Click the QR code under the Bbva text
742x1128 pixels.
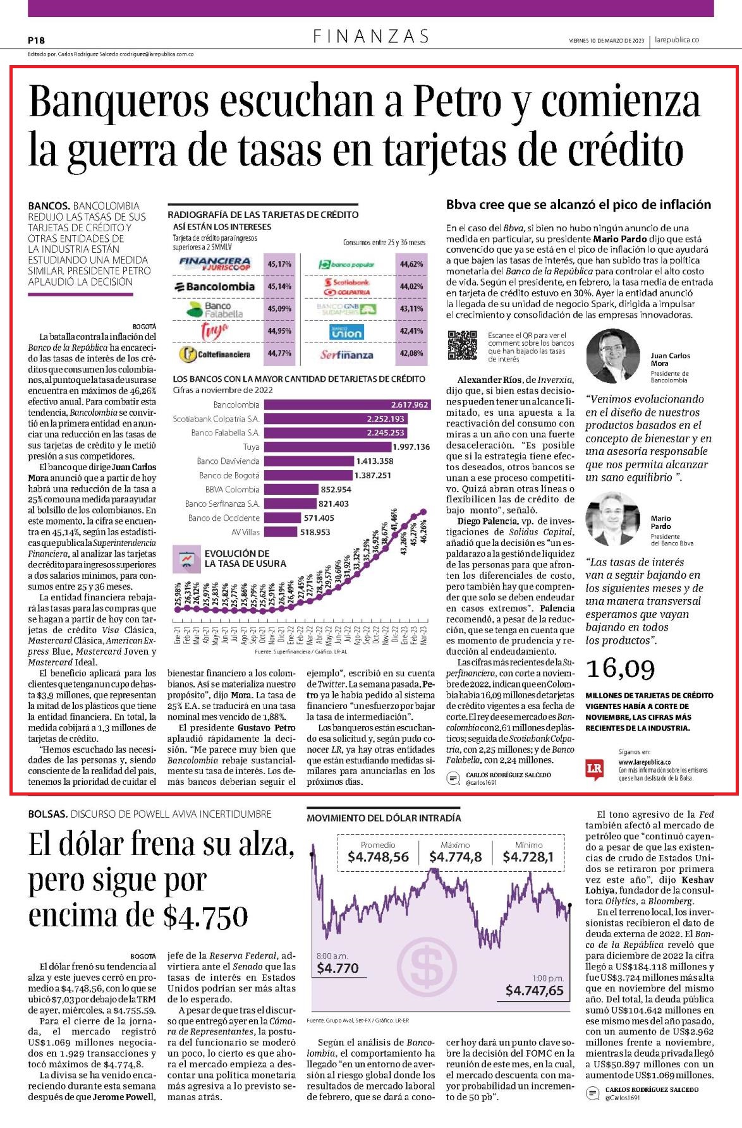(x=462, y=345)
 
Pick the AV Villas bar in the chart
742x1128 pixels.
(x=281, y=532)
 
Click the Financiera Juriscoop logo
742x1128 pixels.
(x=215, y=264)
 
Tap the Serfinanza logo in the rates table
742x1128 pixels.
(x=346, y=355)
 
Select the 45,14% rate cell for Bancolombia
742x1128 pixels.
(x=279, y=286)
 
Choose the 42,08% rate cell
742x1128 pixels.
(x=411, y=353)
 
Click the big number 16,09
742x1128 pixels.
(x=621, y=669)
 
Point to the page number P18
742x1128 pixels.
(x=36, y=40)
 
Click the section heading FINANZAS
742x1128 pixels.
(x=371, y=37)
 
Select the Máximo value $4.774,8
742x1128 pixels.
(x=455, y=857)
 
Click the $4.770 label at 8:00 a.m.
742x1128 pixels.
(x=338, y=968)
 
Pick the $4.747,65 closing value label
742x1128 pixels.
(x=534, y=990)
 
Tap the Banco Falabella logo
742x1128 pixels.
(x=215, y=309)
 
